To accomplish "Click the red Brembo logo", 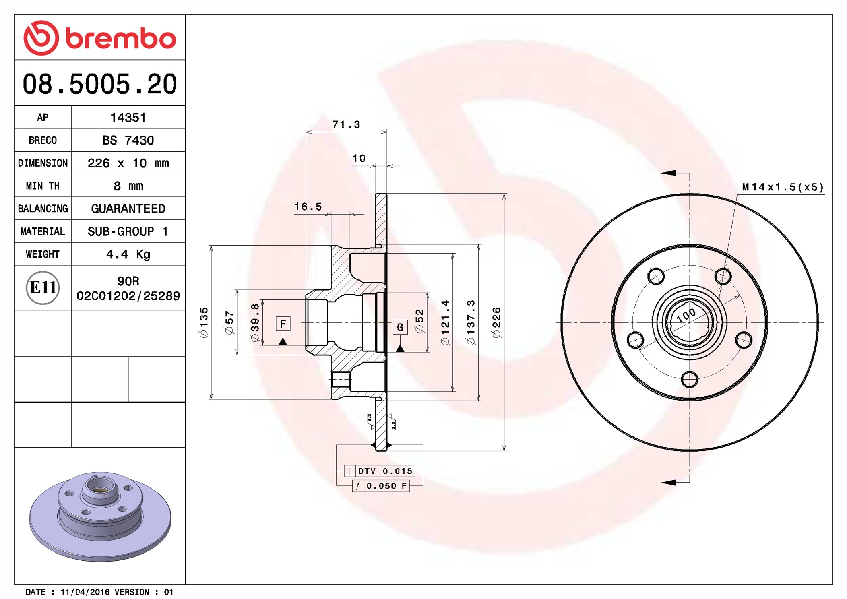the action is [x=100, y=38].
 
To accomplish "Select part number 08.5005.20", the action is [x=100, y=84].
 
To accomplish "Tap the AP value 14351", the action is [x=128, y=118].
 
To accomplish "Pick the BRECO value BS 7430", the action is [x=128, y=140].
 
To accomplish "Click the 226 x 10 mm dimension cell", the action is [x=128, y=163].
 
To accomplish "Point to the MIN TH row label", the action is [x=43, y=186].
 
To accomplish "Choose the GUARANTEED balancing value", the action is [x=128, y=209].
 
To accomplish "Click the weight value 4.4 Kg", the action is [x=128, y=254].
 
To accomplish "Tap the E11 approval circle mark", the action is [x=43, y=287].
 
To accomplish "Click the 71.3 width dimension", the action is [x=346, y=124].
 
